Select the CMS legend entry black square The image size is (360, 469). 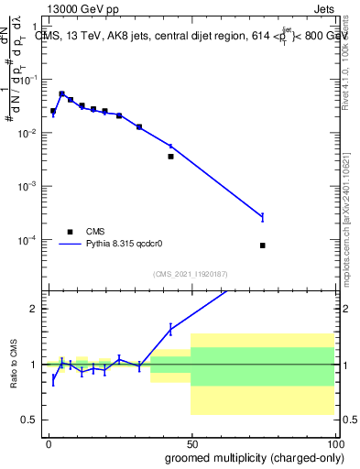pyautogui.click(x=70, y=232)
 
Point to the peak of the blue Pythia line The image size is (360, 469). pyautogui.click(x=61, y=93)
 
